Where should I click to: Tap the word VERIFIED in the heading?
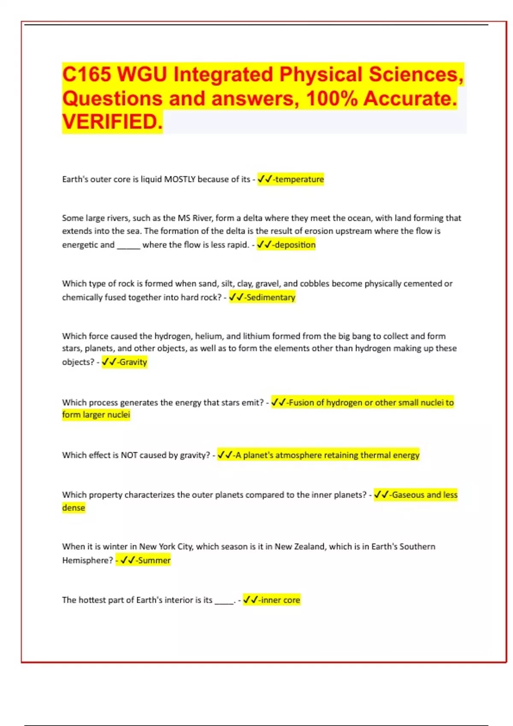pyautogui.click(x=112, y=122)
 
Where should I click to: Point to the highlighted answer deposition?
pyautogui.click(x=295, y=245)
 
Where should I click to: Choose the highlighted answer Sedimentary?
pyautogui.click(x=271, y=297)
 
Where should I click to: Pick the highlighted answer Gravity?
pyautogui.click(x=133, y=362)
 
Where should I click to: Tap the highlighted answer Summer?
pyautogui.click(x=154, y=560)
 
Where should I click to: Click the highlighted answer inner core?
pyautogui.click(x=280, y=600)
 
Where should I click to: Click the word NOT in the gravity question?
pyautogui.click(x=129, y=455)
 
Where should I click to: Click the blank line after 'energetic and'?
pyautogui.click(x=128, y=246)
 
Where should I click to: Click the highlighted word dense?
pyautogui.click(x=74, y=508)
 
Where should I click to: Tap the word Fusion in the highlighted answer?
pyautogui.click(x=301, y=403)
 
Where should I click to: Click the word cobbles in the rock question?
pyautogui.click(x=314, y=284)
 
